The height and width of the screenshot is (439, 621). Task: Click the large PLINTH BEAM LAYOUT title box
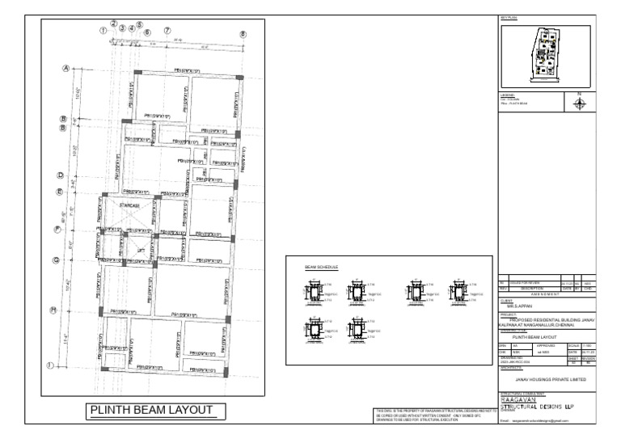point(152,411)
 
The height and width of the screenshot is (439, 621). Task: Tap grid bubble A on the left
point(65,70)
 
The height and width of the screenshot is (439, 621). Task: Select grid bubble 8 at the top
point(243,34)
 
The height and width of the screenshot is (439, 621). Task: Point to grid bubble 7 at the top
point(167,31)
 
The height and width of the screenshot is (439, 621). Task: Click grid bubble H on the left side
point(53,310)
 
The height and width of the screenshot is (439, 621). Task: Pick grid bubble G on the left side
point(56,260)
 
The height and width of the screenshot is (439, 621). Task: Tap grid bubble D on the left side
point(61,175)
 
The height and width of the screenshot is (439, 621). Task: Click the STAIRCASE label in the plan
point(129,206)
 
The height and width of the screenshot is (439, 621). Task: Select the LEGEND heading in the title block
point(507,95)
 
